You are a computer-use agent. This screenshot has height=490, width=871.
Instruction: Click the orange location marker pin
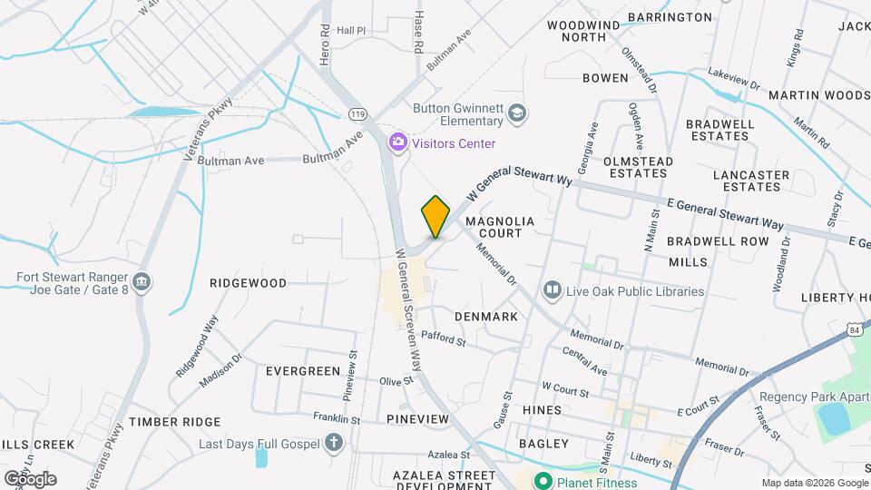435,216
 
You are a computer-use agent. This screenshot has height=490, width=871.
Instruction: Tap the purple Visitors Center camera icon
396,142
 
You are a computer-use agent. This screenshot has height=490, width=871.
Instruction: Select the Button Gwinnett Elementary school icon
517,113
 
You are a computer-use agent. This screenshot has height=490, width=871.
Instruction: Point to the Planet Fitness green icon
543,481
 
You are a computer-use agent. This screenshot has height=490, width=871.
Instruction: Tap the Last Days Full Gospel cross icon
334,444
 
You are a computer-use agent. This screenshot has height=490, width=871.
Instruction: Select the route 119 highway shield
359,113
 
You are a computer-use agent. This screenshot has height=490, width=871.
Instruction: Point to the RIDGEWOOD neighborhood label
248,283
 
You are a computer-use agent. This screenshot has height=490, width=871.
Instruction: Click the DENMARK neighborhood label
486,317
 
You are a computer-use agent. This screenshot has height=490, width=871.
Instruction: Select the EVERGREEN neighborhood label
303,371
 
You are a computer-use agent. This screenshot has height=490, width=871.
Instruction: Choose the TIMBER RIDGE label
175,422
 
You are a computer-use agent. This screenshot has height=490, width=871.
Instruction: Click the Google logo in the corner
30,478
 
